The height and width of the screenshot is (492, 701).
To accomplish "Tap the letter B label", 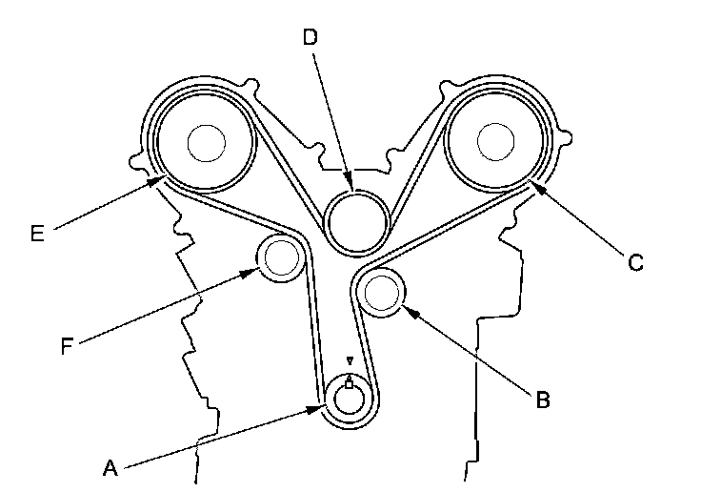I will [541, 399].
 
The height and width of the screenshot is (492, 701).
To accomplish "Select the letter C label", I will [634, 262].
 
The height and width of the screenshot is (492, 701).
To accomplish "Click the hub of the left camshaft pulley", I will [207, 144].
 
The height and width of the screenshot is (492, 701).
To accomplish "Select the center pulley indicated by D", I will [355, 222].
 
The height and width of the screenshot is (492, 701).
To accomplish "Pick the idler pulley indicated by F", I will [281, 256].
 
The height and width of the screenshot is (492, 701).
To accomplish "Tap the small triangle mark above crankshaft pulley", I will [350, 361].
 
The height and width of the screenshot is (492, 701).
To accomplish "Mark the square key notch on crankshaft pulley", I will [350, 383].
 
